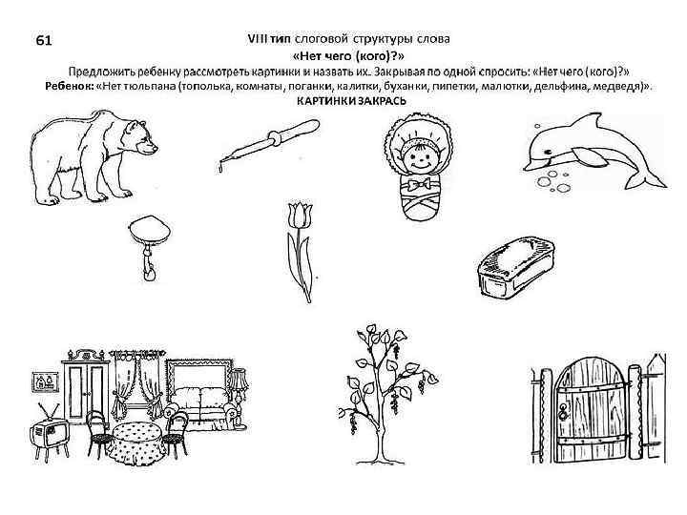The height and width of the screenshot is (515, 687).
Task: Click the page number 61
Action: point(44,40)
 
